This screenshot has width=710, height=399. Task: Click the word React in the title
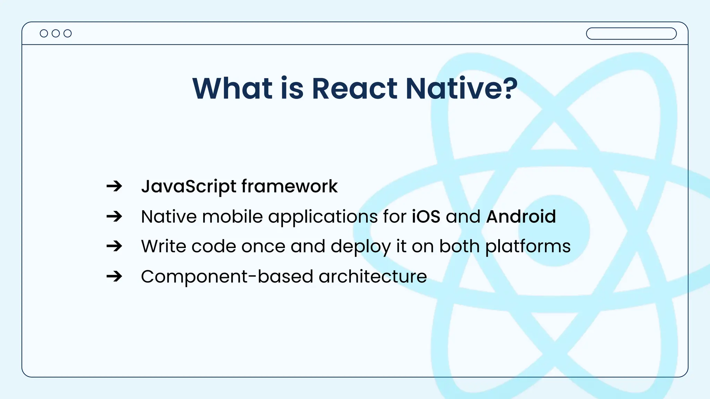pos(354,89)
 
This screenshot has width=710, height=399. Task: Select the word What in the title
pos(233,89)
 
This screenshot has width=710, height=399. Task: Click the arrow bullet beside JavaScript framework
pos(114,186)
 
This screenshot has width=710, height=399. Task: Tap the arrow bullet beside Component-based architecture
pos(114,276)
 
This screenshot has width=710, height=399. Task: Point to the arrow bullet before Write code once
pos(114,246)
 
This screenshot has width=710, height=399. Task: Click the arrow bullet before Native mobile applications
pos(114,216)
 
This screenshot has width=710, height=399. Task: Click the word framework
pos(289,186)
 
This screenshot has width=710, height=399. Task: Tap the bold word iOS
pos(426,217)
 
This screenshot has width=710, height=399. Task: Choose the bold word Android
pos(521,217)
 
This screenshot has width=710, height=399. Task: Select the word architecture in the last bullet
pos(373,277)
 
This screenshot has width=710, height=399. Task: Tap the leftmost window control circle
pos(44,33)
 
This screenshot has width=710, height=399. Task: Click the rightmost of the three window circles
pos(68,33)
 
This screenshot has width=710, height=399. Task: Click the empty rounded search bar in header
pos(631,34)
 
